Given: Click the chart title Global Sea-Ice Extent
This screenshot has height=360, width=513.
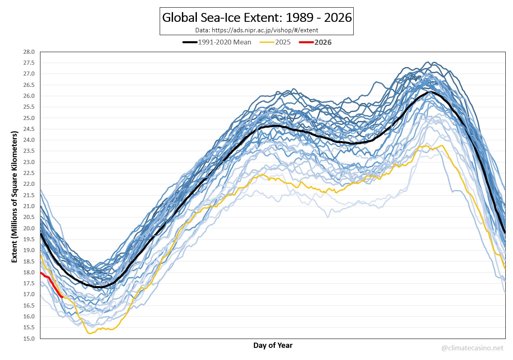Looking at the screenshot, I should [x=257, y=18].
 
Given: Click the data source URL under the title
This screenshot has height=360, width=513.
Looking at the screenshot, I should [x=257, y=30].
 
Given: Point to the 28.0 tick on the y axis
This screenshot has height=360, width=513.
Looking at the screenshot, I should [x=30, y=52].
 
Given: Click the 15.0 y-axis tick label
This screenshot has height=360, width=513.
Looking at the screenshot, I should [x=30, y=338].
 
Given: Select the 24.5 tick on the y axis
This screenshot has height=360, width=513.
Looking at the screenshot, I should [x=30, y=129].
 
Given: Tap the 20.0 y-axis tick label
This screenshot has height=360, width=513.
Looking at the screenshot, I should [x=30, y=228].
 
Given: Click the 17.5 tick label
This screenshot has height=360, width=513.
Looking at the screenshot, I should [x=30, y=283].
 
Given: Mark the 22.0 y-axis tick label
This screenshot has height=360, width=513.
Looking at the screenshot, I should [x=30, y=184].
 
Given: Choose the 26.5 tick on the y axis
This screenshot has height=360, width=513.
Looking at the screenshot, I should [x=30, y=85].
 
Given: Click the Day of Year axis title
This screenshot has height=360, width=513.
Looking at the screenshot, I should [x=273, y=345].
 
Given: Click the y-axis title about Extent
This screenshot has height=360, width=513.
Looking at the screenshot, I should [x=15, y=197].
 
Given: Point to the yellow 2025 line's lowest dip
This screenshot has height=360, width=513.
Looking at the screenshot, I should [x=89, y=333].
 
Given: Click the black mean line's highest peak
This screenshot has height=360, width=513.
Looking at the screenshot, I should [x=429, y=92].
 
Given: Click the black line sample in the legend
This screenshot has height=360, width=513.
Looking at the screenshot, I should [x=190, y=42].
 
